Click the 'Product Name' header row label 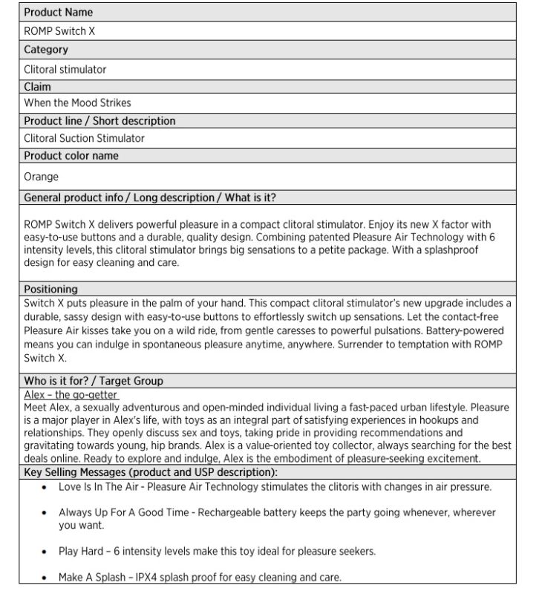pyautogui.click(x=58, y=13)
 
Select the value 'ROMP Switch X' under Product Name pyautogui.click(x=59, y=31)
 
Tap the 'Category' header pyautogui.click(x=46, y=50)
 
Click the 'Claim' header pyautogui.click(x=38, y=87)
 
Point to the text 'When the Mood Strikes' pyautogui.click(x=77, y=102)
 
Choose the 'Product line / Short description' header pyautogui.click(x=99, y=120)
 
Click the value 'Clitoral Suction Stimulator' pyautogui.click(x=84, y=138)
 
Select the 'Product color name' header pyautogui.click(x=71, y=156)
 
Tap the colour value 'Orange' pyautogui.click(x=41, y=177)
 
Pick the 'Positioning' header pyautogui.click(x=50, y=289)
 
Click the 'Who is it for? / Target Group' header pyautogui.click(x=94, y=381)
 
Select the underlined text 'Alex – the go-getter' pyautogui.click(x=71, y=395)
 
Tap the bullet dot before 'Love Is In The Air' pyautogui.click(x=45, y=488)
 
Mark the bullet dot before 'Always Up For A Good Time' pyautogui.click(x=45, y=513)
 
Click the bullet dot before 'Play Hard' pyautogui.click(x=45, y=552)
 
